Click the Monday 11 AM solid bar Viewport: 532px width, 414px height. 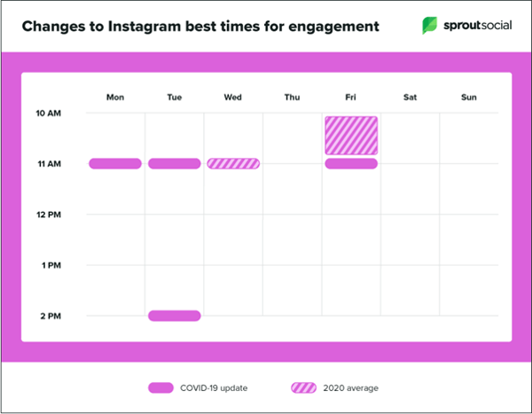(x=115, y=163)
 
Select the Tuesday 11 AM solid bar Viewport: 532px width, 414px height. (x=174, y=163)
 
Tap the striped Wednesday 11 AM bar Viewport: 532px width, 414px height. (x=233, y=163)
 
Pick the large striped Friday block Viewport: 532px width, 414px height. (x=351, y=135)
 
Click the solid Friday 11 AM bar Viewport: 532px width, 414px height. (x=351, y=163)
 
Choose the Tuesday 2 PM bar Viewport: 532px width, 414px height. (x=174, y=316)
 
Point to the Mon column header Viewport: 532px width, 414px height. (x=115, y=97)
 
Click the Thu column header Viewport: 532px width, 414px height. (x=292, y=97)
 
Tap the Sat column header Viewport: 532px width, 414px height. (x=410, y=97)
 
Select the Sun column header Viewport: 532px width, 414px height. (x=469, y=97)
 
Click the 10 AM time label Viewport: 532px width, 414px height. (x=49, y=113)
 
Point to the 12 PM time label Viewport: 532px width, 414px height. (x=49, y=215)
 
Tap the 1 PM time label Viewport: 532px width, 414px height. (x=51, y=265)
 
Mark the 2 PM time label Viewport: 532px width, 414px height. (x=51, y=316)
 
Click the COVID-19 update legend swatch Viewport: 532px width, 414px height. (x=160, y=387)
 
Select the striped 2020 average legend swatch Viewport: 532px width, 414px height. (x=303, y=387)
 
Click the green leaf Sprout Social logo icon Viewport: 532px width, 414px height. (x=430, y=26)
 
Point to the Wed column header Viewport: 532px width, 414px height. (x=233, y=97)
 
